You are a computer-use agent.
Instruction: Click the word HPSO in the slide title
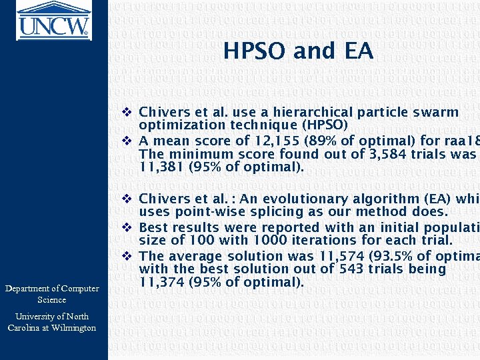point(257,51)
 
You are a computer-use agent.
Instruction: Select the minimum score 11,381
point(161,167)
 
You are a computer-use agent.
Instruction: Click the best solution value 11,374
point(161,282)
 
